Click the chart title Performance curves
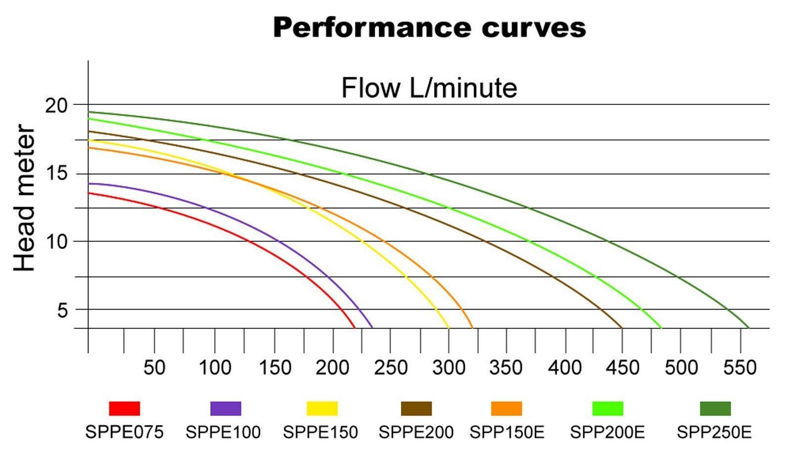pyautogui.click(x=429, y=28)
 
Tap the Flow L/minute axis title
pyautogui.click(x=429, y=88)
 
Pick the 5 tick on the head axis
pyautogui.click(x=62, y=310)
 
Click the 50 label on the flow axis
pyautogui.click(x=154, y=367)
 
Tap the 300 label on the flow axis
pyautogui.click(x=448, y=367)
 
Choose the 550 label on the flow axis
pyautogui.click(x=740, y=367)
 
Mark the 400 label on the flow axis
pyautogui.click(x=565, y=367)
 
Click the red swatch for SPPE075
pyautogui.click(x=124, y=409)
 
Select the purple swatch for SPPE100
pyautogui.click(x=225, y=409)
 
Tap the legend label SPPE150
pyautogui.click(x=320, y=432)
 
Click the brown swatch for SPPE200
pyautogui.click(x=416, y=409)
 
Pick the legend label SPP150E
pyautogui.click(x=507, y=432)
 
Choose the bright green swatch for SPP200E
pyautogui.click(x=608, y=409)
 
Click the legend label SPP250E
pyautogui.click(x=714, y=432)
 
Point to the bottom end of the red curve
pyautogui.click(x=354, y=327)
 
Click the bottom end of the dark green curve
pyautogui.click(x=748, y=327)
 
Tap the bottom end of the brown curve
pyautogui.click(x=621, y=327)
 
